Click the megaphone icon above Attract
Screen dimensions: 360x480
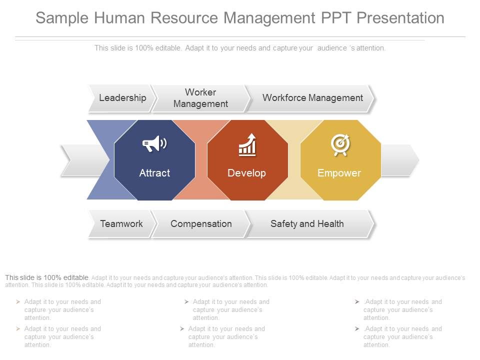[x=154, y=144]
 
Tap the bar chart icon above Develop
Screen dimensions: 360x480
[x=247, y=144]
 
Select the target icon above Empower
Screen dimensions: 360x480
[x=340, y=144]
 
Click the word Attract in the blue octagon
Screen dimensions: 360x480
[x=154, y=173]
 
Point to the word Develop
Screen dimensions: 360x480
[x=246, y=173]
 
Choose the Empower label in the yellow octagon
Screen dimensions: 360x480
[x=339, y=173]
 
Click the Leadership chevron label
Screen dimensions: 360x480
[x=122, y=98]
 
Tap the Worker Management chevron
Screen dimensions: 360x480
[x=200, y=98]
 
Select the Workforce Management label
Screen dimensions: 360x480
[x=312, y=98]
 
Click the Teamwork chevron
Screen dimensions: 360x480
[x=121, y=223]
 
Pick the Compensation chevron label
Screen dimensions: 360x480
[x=201, y=223]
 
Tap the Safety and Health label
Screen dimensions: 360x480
[x=307, y=223]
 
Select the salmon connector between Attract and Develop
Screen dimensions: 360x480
[x=201, y=160]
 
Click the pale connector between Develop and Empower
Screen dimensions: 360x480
[x=294, y=160]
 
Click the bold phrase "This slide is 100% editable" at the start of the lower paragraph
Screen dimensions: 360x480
[x=47, y=277]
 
